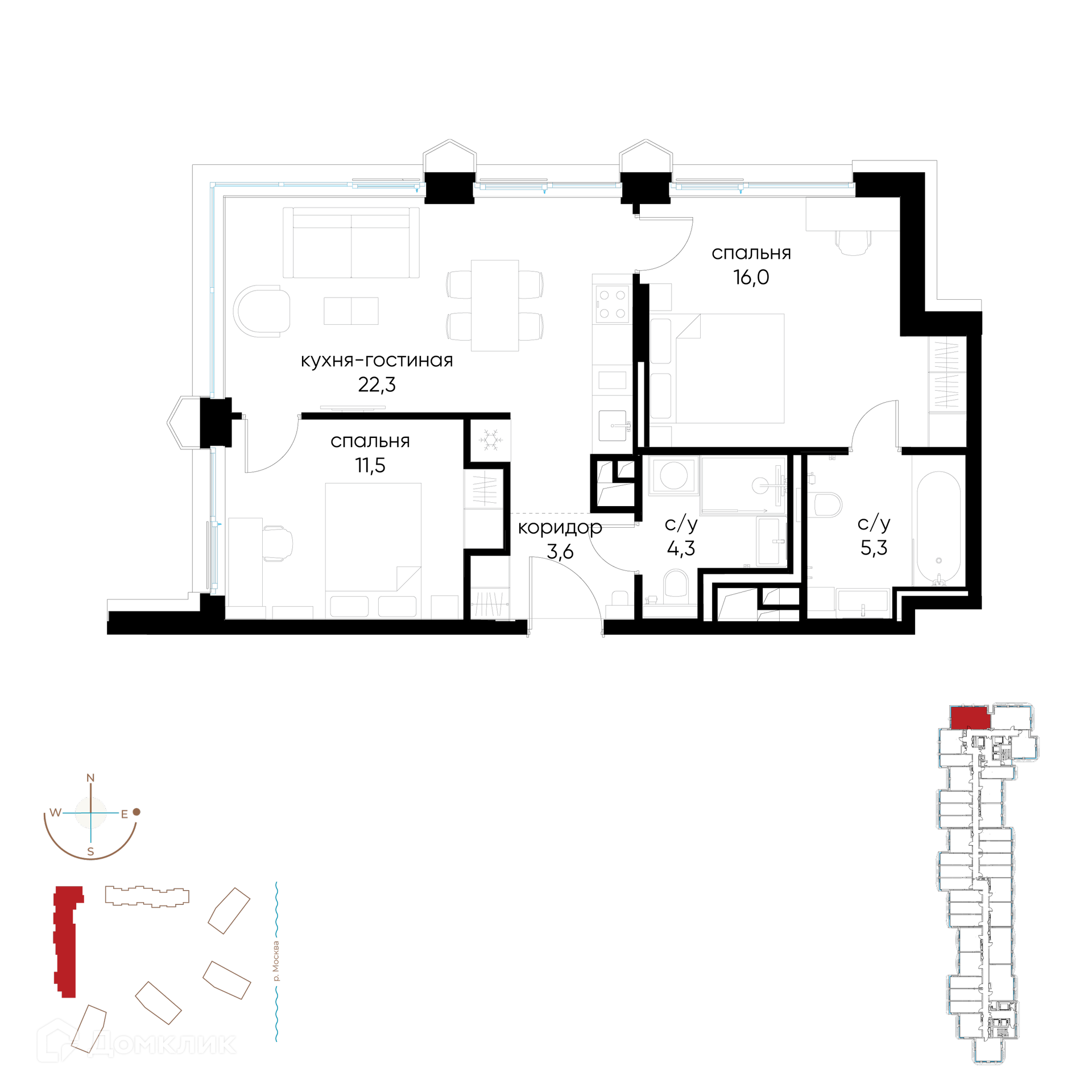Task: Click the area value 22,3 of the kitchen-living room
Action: [x=377, y=385]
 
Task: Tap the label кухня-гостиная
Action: [x=377, y=361]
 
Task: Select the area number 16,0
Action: [x=751, y=278]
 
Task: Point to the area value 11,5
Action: [x=370, y=465]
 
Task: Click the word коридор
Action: [x=560, y=528]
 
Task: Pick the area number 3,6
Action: [x=560, y=552]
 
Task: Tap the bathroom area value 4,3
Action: [x=681, y=549]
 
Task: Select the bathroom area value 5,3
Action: [x=874, y=548]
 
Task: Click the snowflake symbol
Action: [x=490, y=440]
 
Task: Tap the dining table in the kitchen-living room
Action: [x=495, y=305]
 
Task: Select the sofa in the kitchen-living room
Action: [x=351, y=243]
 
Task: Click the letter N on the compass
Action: [x=90, y=778]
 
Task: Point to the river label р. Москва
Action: [x=276, y=961]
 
